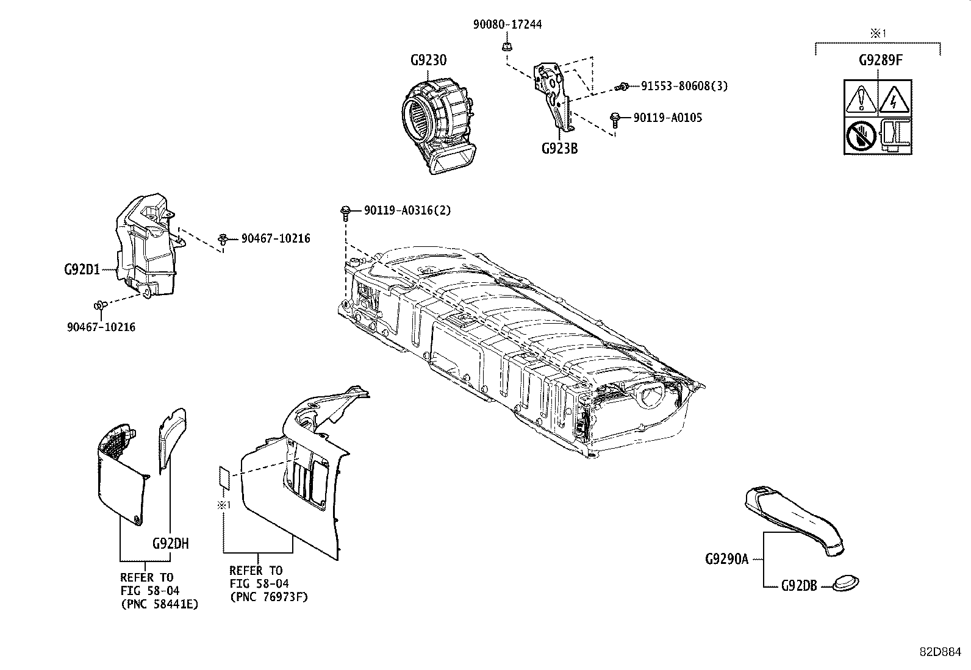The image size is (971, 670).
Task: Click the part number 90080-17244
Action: click(507, 24)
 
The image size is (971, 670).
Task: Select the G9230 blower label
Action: click(428, 60)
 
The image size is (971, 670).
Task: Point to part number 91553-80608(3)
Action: click(684, 87)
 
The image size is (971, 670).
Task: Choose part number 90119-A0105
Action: click(667, 117)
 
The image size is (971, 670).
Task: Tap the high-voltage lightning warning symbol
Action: click(893, 98)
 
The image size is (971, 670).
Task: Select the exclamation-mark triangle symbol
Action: click(861, 98)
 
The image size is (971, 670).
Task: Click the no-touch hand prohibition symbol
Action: click(861, 135)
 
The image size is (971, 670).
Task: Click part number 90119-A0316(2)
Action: click(407, 210)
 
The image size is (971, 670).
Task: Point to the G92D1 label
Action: click(82, 268)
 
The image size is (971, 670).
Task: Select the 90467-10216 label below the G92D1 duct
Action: click(101, 327)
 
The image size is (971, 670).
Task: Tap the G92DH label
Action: click(170, 543)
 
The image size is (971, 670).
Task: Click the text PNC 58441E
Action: click(159, 604)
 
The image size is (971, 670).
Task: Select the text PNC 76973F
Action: click(269, 597)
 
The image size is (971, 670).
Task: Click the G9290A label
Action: click(726, 558)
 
